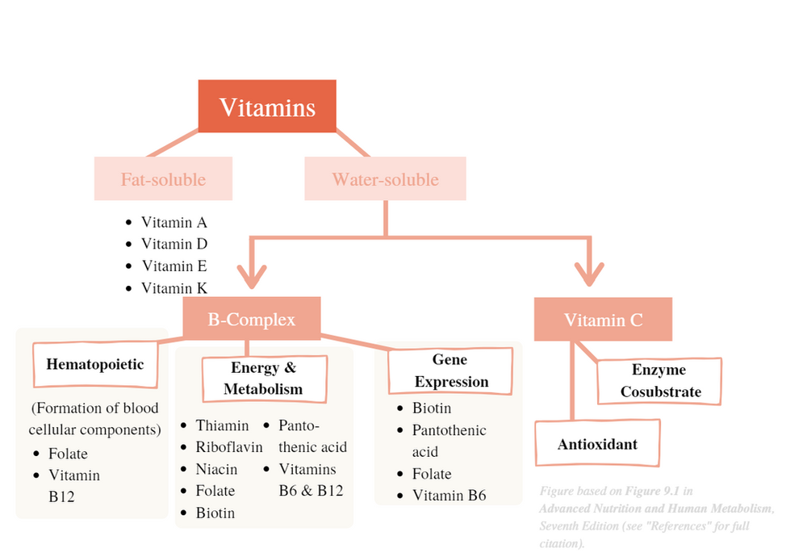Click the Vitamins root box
pos(267,107)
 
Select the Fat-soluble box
pos(163,179)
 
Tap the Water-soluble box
pos(385,179)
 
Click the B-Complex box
pos(251,320)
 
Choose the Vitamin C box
pos(603,320)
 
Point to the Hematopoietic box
pos(94,364)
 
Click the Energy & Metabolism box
pos(263,379)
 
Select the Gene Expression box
pos(450,371)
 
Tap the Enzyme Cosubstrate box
pos(659,381)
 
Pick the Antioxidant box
pos(597,444)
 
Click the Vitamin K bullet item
pos(174,288)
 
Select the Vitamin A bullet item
pos(174,223)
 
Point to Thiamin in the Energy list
pos(222,425)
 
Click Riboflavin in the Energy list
pos(229,447)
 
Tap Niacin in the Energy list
pos(216,469)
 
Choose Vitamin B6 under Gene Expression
pos(449,496)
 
